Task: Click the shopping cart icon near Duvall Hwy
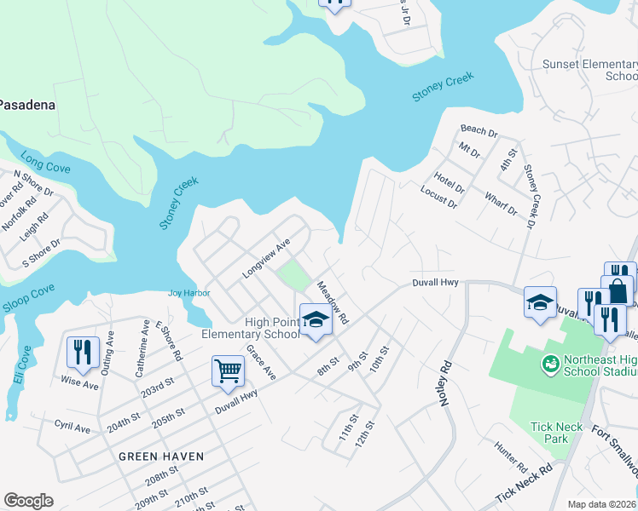pyautogui.click(x=229, y=370)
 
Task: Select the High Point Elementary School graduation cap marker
pyautogui.click(x=316, y=321)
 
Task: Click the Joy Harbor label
pyautogui.click(x=188, y=293)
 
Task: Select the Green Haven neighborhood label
pyautogui.click(x=161, y=456)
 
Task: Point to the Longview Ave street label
pyautogui.click(x=266, y=258)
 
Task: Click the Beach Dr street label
pyautogui.click(x=478, y=130)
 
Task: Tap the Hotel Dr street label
pyautogui.click(x=448, y=182)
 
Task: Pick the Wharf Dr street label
pyautogui.click(x=501, y=204)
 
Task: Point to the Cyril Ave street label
pyautogui.click(x=72, y=428)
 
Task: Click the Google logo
pyautogui.click(x=28, y=501)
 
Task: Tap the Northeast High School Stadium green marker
pyautogui.click(x=552, y=364)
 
